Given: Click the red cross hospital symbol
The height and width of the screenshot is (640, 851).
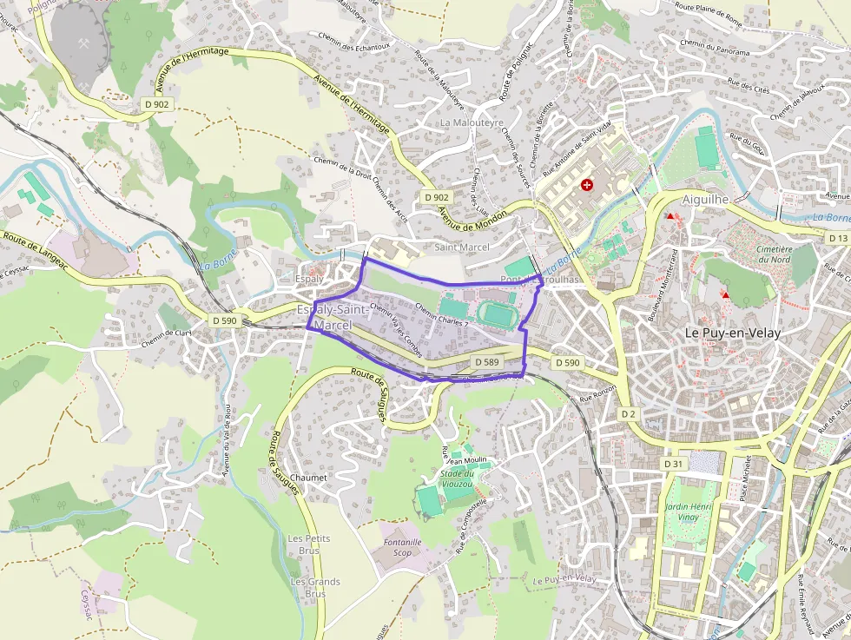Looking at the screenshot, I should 588,185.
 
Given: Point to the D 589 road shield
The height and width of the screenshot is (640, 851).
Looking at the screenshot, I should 487,361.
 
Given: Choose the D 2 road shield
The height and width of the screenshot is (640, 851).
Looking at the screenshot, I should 629,414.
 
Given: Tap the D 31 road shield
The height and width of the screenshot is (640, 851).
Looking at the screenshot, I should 674,464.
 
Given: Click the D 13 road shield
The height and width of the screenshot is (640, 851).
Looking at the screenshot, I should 837,238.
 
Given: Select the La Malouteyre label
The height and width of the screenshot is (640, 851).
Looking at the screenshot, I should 472,123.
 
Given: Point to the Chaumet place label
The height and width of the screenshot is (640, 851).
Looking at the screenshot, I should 309,478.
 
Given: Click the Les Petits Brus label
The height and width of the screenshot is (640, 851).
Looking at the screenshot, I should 308,544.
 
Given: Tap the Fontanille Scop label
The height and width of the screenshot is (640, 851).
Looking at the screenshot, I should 402,547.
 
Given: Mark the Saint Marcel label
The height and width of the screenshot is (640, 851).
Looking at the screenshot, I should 461,247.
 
